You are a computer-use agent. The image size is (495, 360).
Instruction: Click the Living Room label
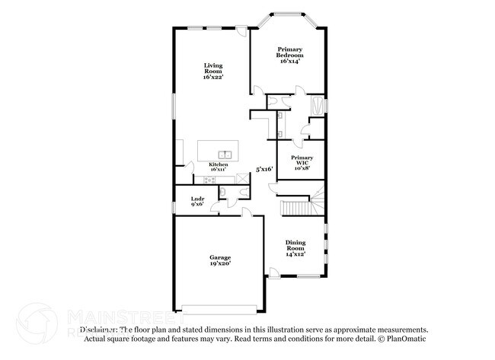212,71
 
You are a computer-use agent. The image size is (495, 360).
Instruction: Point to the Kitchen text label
219,164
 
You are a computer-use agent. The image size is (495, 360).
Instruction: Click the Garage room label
220,257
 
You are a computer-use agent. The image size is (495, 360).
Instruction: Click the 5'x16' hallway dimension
264,170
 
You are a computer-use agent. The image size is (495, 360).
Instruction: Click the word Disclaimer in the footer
88,330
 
